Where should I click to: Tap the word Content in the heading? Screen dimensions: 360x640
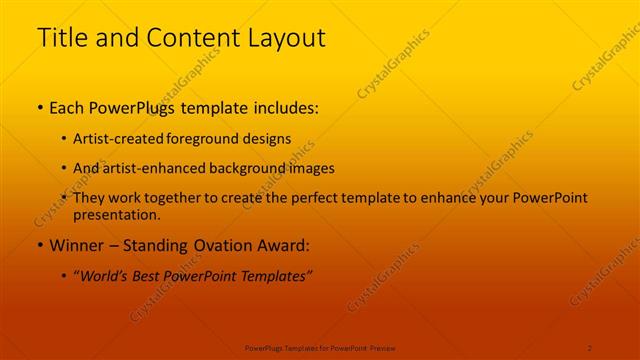pos(186,39)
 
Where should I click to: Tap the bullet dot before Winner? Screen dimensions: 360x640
pos(39,245)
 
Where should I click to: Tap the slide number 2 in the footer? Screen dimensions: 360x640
pos(590,347)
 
